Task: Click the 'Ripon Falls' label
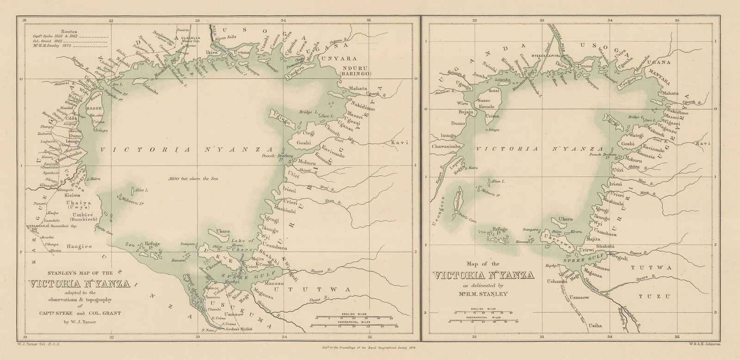(x=227, y=40)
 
